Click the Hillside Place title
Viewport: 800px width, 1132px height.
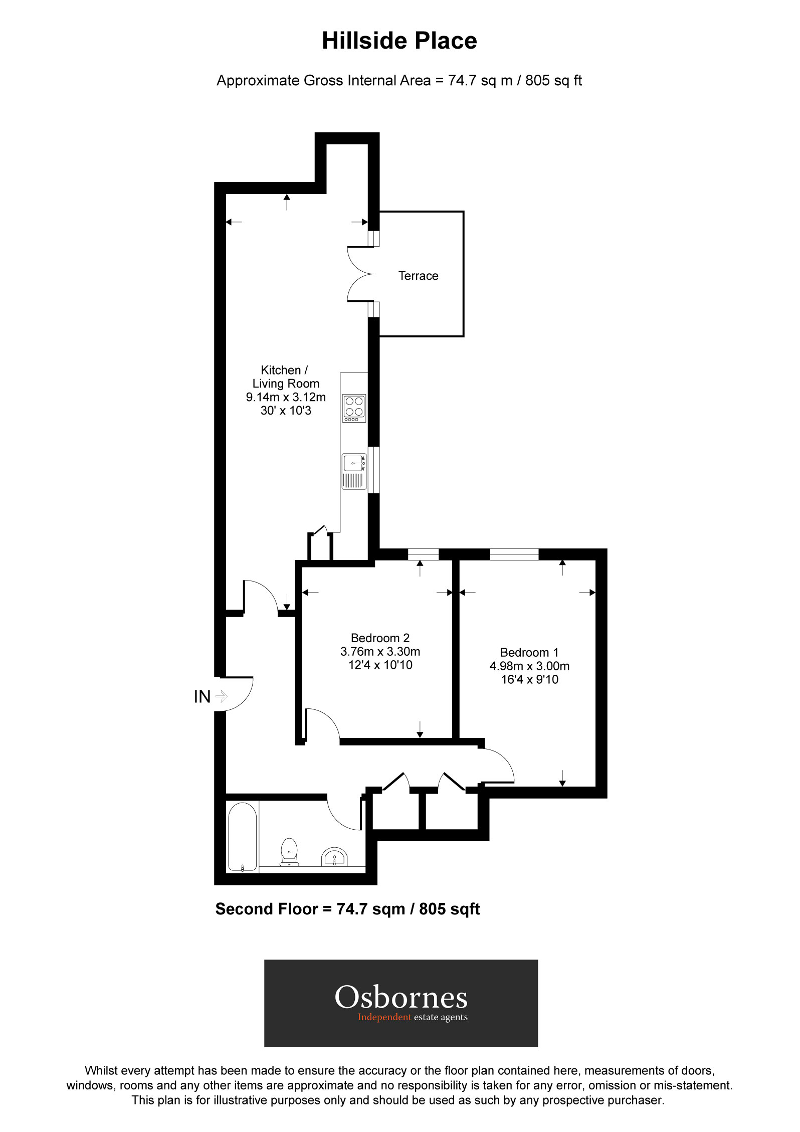[399, 41]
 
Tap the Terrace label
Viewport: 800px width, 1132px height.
[418, 276]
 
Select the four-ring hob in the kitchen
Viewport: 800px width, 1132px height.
[354, 408]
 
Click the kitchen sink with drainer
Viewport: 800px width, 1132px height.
[354, 471]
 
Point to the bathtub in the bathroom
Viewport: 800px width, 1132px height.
[243, 837]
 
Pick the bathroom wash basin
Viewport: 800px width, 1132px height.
[334, 857]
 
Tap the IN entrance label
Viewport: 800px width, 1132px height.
[202, 697]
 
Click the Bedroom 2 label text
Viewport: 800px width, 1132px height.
[380, 638]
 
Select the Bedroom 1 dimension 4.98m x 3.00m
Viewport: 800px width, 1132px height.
[529, 666]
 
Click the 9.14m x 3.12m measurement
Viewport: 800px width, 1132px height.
[286, 397]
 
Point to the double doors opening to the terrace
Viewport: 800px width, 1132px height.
[360, 274]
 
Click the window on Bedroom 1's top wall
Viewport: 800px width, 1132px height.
[514, 554]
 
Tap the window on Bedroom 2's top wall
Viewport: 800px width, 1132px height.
[423, 554]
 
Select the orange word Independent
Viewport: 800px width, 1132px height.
[384, 1017]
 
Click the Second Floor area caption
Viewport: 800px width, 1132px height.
[347, 909]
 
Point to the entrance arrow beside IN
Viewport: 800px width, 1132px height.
[222, 696]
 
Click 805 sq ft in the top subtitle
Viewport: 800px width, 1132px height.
[553, 81]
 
